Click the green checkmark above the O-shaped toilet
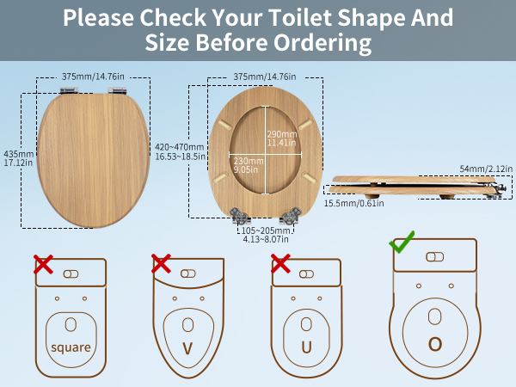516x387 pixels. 402,242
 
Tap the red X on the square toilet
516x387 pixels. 43,264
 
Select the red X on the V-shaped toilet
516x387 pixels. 161,263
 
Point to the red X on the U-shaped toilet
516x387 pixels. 280,263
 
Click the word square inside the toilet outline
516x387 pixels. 71,347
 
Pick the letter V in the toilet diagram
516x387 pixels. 187,348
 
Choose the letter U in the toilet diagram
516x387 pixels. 306,347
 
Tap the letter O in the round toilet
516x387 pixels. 435,344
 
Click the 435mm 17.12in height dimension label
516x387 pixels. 18,158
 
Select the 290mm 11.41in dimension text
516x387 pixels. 282,138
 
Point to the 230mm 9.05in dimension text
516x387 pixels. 249,165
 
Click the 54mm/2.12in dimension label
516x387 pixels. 486,169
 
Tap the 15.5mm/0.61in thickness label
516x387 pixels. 354,203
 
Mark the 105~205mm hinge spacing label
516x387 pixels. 266,235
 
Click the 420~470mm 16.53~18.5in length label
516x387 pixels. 180,151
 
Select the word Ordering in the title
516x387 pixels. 322,43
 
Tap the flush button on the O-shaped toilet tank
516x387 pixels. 435,256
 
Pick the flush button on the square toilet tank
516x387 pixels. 71,274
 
